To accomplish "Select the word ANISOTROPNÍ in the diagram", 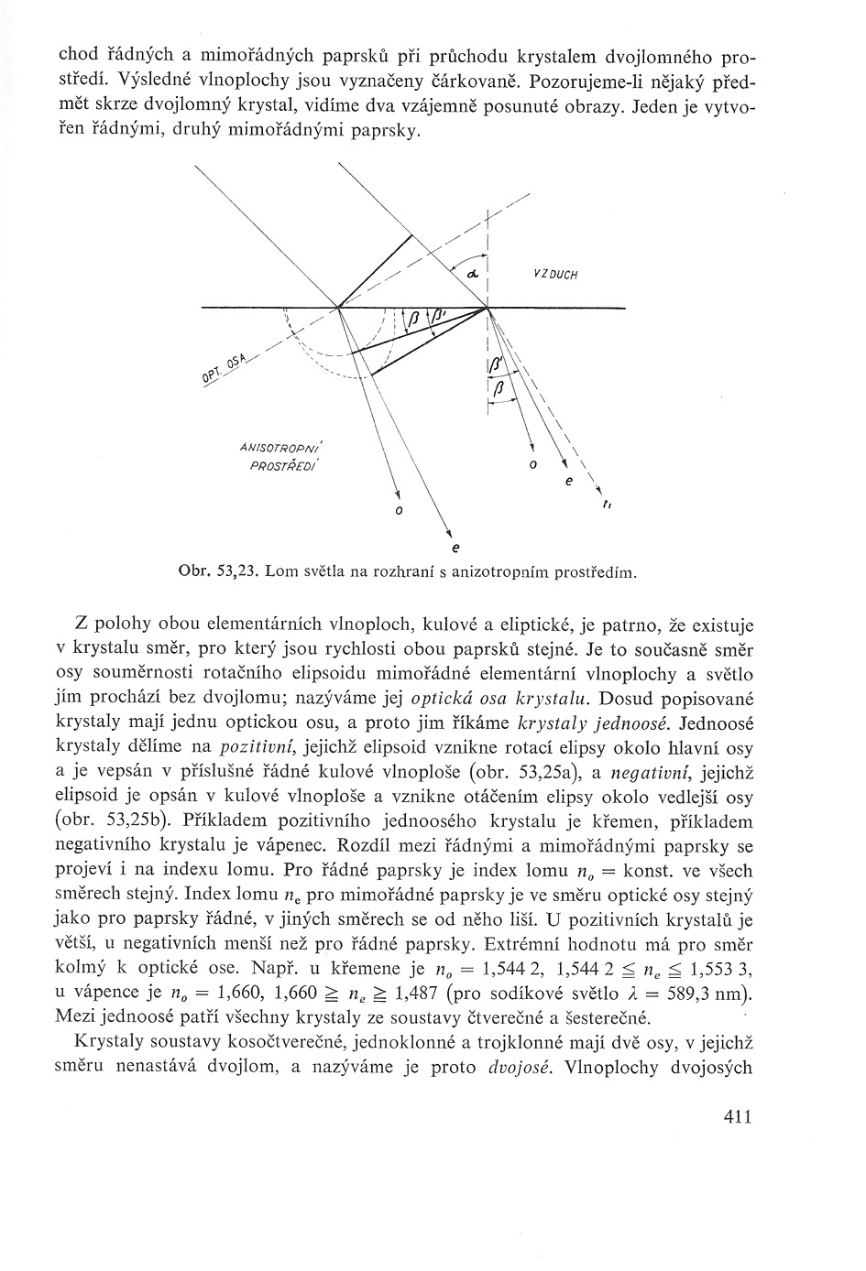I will click(x=275, y=448).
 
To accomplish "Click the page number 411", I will click(x=737, y=1115).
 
